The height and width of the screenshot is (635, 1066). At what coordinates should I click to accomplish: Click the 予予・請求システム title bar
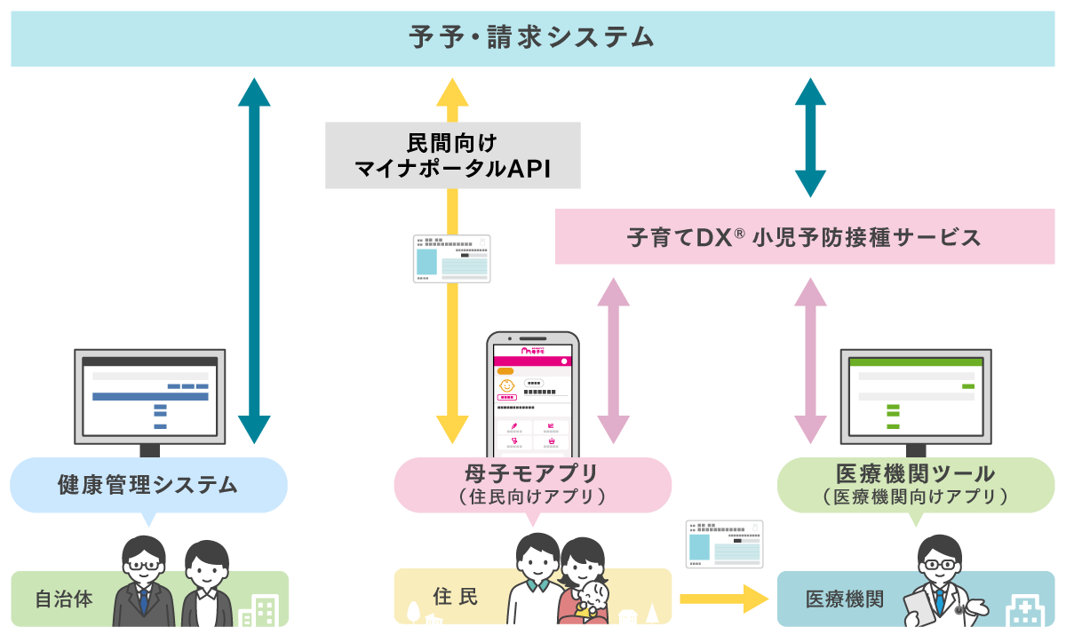click(x=533, y=38)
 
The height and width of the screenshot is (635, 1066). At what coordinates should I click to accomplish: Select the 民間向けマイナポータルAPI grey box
click(x=452, y=155)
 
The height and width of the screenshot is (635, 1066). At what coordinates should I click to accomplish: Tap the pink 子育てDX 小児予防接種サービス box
click(x=804, y=237)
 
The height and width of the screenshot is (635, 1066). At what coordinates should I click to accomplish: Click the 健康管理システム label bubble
click(x=148, y=485)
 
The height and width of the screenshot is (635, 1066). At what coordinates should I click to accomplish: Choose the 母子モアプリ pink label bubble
click(x=532, y=485)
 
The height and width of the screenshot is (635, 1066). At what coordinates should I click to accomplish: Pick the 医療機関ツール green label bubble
click(x=915, y=485)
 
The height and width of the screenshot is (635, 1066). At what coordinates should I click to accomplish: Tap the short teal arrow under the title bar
click(x=810, y=137)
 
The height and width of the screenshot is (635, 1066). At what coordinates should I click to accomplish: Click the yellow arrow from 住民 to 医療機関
click(x=723, y=599)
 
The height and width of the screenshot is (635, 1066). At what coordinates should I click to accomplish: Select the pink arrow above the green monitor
click(x=810, y=360)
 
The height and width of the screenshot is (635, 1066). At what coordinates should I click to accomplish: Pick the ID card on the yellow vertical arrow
click(x=451, y=258)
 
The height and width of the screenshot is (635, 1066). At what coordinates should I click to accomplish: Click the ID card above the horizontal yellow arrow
click(x=724, y=544)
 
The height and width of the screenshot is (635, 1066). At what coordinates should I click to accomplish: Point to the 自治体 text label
click(x=63, y=599)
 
